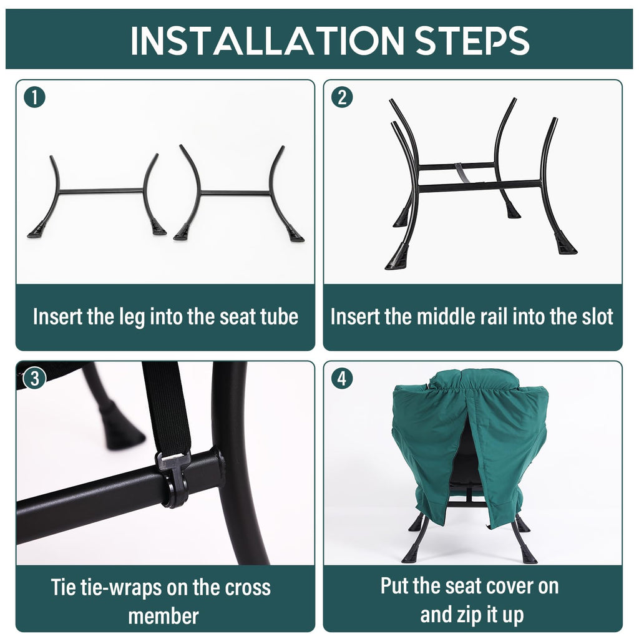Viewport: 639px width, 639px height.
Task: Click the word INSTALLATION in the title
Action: [267, 40]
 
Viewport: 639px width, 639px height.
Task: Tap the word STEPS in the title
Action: [472, 40]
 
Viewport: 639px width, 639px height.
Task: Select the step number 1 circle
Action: [35, 98]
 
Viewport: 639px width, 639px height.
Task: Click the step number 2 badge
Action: [343, 98]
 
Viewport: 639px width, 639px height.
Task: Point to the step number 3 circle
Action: [35, 379]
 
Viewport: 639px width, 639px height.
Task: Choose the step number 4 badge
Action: [343, 379]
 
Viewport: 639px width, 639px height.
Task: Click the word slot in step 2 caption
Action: [597, 316]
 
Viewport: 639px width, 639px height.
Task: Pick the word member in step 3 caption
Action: [163, 616]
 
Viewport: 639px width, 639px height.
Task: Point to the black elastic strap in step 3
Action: [167, 407]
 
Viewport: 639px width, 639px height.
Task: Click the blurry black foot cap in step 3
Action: [122, 426]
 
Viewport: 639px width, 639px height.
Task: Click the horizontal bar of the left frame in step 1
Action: [100, 191]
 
